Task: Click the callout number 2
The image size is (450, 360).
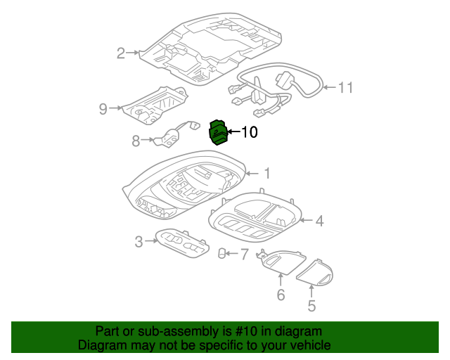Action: coord(120,53)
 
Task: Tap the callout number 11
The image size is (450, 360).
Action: coord(345,88)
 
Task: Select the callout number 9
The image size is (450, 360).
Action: coord(103,108)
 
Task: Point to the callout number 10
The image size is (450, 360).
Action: coord(250,131)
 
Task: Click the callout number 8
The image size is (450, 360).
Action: coord(136,141)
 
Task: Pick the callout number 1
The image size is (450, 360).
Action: coord(266,172)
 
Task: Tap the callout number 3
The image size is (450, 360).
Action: coord(139,243)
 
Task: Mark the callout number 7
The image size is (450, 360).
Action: coord(244,253)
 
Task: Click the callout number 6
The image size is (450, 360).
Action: coord(281,295)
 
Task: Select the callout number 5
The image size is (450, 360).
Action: coord(311,306)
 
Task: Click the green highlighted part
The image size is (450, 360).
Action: coord(218,131)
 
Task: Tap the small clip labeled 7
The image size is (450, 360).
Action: coord(221,253)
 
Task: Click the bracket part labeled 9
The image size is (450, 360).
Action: coord(157,104)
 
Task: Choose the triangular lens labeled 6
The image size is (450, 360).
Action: coord(279,262)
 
